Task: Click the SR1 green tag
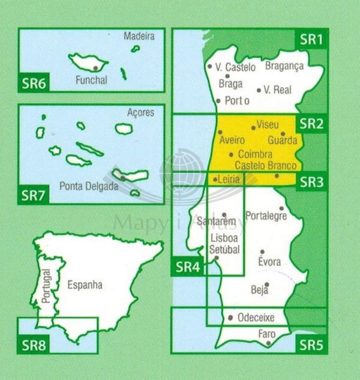pos(311,40)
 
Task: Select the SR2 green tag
pos(311,124)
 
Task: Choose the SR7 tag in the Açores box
pos(33,195)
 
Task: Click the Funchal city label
pos(92,80)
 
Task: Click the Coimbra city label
pos(255,154)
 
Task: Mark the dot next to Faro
pos(268,343)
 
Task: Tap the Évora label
pos(269,262)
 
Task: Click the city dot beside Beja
pos(266,285)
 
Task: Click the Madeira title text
pos(139,36)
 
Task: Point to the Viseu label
pos(268,125)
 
